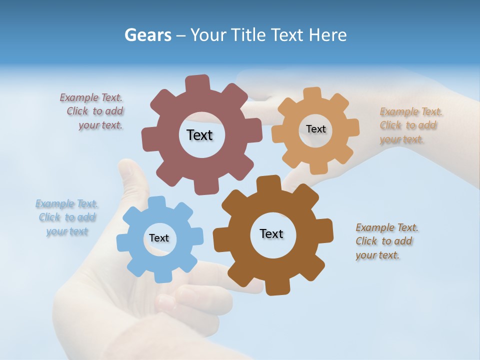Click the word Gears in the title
click(147, 35)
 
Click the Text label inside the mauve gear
click(199, 135)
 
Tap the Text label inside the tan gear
click(315, 129)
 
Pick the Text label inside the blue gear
click(159, 238)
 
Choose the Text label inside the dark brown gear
click(271, 233)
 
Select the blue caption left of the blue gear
click(66, 217)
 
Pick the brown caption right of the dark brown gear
click(386, 241)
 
